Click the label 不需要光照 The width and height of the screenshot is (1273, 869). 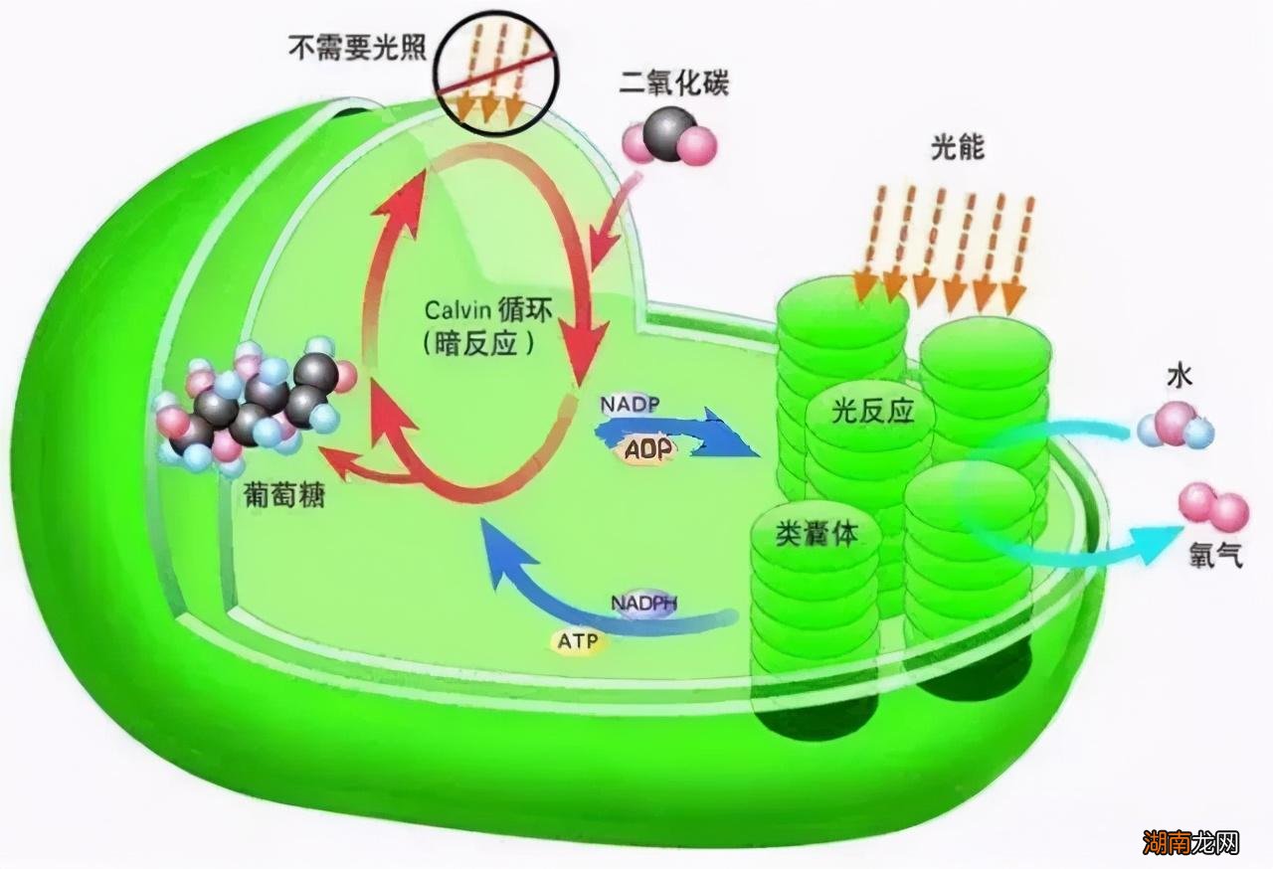(x=357, y=47)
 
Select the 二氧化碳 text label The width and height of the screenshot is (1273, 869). (x=673, y=83)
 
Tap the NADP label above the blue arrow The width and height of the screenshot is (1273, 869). (x=631, y=405)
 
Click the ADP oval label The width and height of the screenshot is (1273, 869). (x=648, y=448)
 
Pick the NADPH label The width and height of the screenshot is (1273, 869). (x=643, y=603)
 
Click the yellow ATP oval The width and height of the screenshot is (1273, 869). (x=578, y=641)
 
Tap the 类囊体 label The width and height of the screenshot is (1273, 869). (x=817, y=534)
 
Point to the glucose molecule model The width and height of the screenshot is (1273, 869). (x=254, y=408)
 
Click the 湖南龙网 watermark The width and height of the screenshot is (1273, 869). (x=1190, y=843)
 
